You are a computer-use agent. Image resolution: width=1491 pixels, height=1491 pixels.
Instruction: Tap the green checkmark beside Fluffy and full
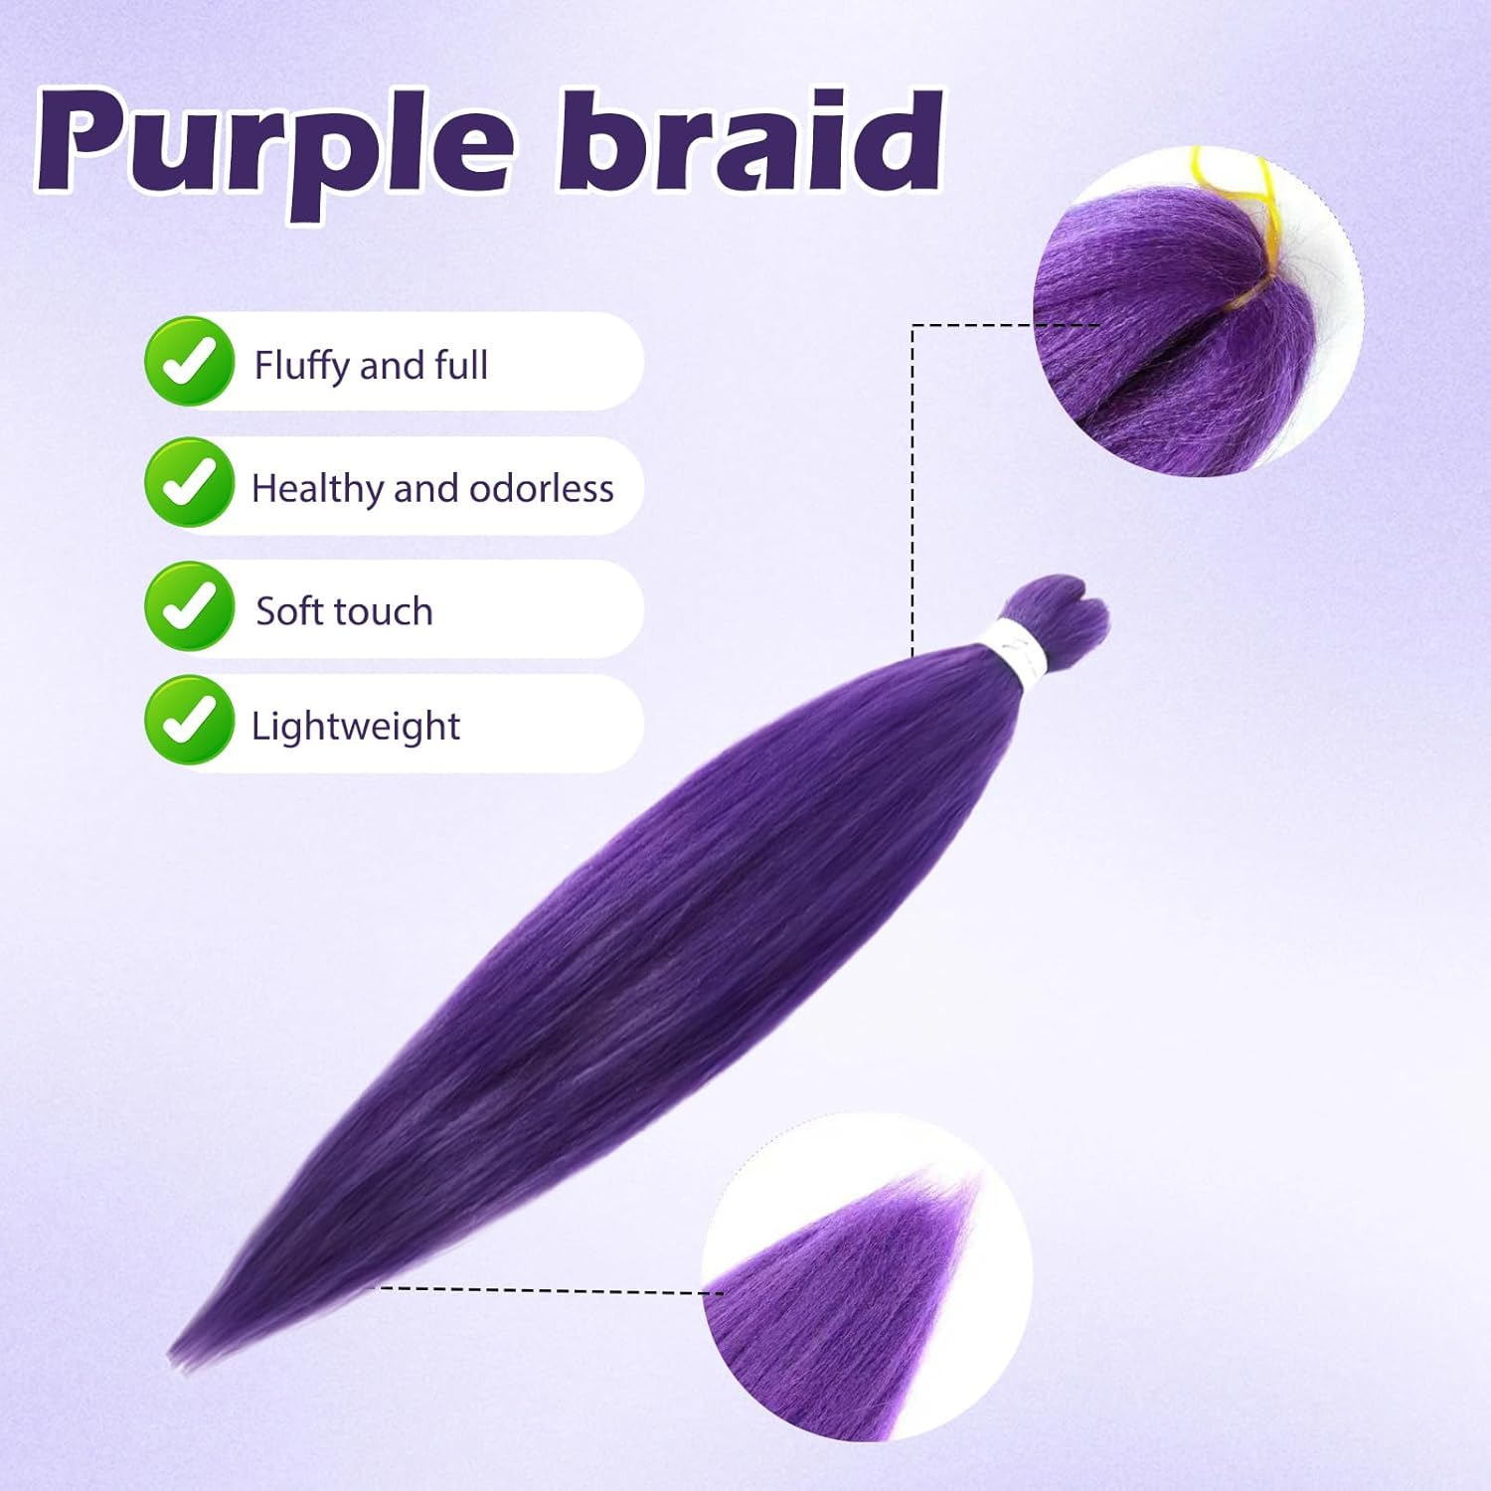[x=190, y=362]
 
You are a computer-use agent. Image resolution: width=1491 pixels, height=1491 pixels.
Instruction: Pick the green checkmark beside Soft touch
[x=190, y=606]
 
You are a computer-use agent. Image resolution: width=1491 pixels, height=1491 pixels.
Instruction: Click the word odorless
[x=541, y=488]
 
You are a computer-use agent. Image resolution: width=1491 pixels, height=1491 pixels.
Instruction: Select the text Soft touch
[x=344, y=611]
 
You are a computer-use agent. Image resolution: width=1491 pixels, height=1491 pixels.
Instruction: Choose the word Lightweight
[x=355, y=727]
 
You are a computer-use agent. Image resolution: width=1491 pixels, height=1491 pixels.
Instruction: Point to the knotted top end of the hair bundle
[x=1063, y=609]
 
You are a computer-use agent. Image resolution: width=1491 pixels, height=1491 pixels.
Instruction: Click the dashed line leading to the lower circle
[x=547, y=1290]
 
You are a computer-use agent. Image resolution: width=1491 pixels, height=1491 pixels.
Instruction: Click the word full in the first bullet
[x=461, y=366]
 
